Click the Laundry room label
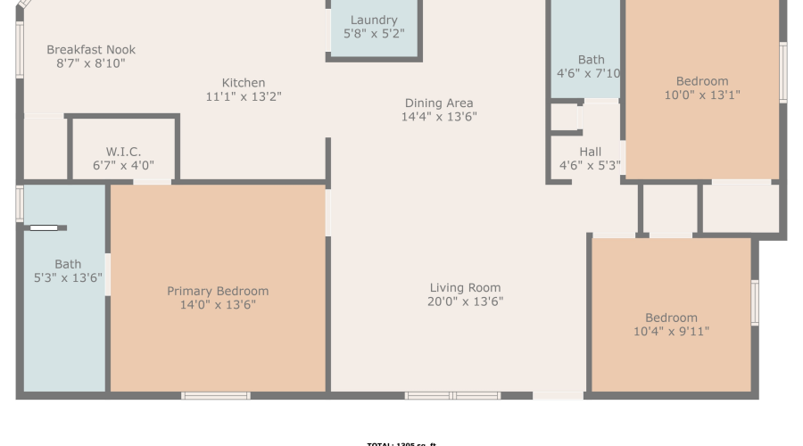click(374, 21)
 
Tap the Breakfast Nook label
click(91, 50)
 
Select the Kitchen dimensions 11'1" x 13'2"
click(244, 97)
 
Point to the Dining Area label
click(439, 103)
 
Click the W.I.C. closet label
click(123, 153)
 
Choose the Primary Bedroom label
click(218, 292)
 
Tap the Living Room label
click(465, 288)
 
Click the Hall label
click(590, 153)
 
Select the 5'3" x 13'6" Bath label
click(68, 264)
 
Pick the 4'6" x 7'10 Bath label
click(591, 61)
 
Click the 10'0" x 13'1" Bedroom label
click(702, 81)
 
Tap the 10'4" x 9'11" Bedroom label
click(671, 318)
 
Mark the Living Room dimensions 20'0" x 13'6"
click(465, 301)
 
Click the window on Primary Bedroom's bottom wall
click(216, 395)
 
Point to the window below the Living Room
click(452, 395)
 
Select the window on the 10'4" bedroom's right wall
click(755, 302)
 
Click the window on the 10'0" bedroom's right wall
click(783, 71)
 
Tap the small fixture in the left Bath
click(44, 228)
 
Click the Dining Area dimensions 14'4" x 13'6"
click(439, 117)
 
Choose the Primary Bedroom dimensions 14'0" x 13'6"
click(218, 305)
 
